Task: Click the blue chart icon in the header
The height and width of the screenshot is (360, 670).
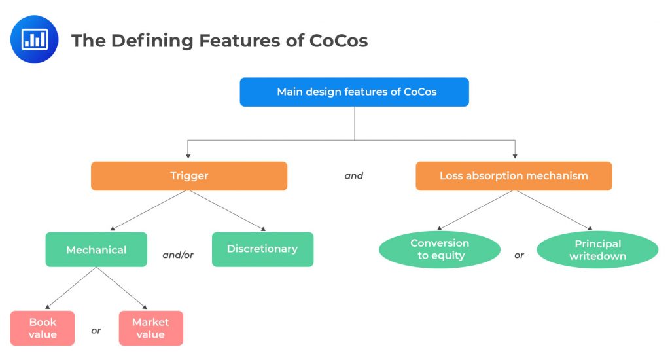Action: pos(34,39)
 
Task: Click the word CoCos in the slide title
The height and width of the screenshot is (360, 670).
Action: pos(340,41)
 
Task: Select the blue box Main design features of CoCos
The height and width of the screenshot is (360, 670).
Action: pos(354,92)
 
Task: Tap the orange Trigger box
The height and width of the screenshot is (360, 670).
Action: pos(188,176)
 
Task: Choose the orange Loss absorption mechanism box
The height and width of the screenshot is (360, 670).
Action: pos(514,176)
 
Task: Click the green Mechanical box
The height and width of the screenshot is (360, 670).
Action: pos(96,249)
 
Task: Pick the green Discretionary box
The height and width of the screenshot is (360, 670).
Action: pos(262,249)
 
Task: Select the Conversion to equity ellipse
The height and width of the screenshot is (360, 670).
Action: pos(440,249)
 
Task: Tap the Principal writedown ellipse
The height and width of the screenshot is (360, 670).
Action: pos(597,249)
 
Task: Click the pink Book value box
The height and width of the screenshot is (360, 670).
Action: pos(43,328)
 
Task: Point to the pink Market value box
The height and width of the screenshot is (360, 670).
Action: pos(150,328)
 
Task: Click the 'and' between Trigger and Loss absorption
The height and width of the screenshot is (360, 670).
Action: pos(353,176)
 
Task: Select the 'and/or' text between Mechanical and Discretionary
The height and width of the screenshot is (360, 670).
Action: pos(178,255)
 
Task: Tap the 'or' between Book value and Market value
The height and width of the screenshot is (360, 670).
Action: pos(96,331)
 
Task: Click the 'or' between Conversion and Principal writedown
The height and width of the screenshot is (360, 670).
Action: pos(519,255)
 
